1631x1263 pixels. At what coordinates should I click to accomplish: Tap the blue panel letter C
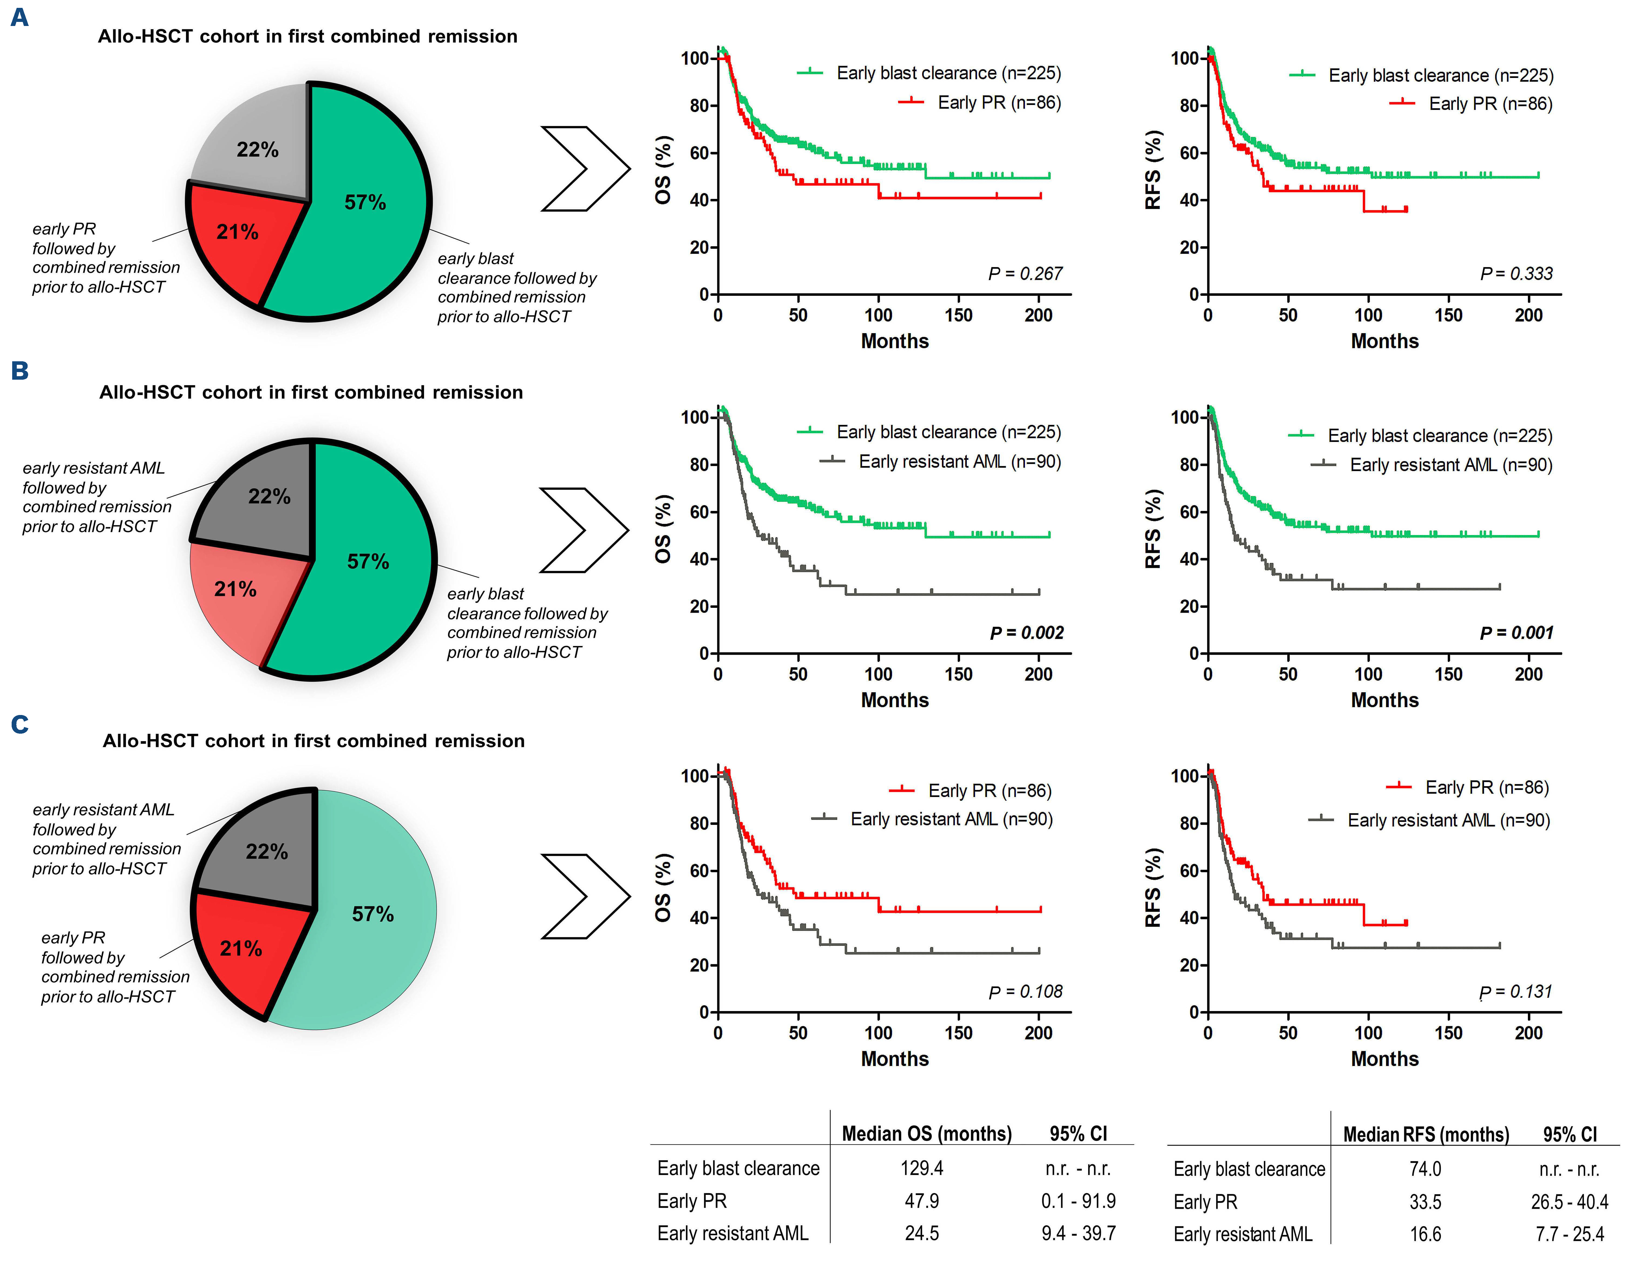pyautogui.click(x=19, y=724)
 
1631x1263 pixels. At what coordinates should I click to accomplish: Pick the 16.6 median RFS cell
pyautogui.click(x=1425, y=1234)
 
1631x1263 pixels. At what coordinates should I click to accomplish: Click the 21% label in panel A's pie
pyautogui.click(x=237, y=232)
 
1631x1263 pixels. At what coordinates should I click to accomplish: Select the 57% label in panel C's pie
pyautogui.click(x=373, y=914)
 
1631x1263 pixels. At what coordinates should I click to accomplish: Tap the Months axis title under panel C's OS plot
pyautogui.click(x=895, y=1059)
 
